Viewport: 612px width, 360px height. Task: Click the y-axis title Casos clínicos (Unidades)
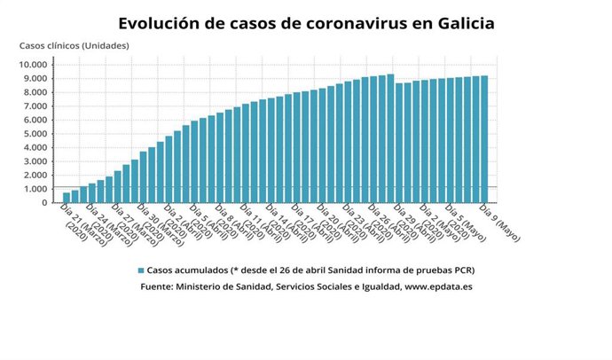coord(75,46)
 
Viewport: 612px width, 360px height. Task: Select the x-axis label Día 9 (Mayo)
coord(498,218)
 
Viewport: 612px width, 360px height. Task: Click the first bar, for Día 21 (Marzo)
coord(67,198)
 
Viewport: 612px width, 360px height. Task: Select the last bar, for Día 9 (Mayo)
coord(484,140)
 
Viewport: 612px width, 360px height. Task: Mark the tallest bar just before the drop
coord(390,139)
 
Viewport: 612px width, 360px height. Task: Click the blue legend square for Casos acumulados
coord(140,270)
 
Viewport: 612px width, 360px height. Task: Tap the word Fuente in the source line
coord(160,286)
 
